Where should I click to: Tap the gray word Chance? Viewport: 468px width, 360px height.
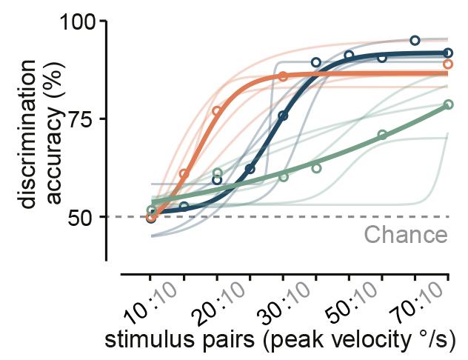click(406, 236)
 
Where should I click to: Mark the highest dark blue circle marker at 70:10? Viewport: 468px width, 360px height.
click(415, 40)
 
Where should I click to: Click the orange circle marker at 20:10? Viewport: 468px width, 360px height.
click(217, 111)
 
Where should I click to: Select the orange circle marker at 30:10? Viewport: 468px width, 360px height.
click(283, 76)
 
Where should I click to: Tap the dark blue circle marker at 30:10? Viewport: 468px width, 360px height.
click(283, 116)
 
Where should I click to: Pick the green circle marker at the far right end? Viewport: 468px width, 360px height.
click(448, 104)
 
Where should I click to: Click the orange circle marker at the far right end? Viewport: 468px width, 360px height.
click(448, 64)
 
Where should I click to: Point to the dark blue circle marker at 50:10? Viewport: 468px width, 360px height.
click(349, 56)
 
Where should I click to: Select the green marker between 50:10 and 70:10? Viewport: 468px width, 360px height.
click(382, 135)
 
